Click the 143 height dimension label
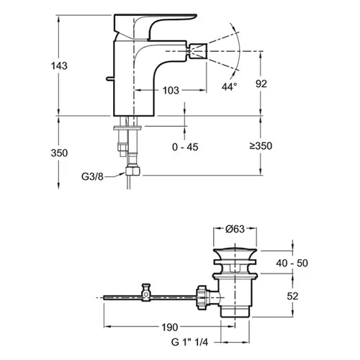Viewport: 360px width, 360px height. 59,66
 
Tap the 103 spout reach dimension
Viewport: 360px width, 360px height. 171,91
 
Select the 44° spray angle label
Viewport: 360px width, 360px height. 229,86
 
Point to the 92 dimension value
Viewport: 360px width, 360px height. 261,84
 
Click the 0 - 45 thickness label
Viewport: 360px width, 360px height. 185,147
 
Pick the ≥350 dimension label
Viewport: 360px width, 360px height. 261,145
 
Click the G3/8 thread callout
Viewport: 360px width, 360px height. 92,176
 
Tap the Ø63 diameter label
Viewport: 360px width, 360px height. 235,229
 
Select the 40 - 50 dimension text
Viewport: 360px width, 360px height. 292,263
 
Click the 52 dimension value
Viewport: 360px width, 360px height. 292,296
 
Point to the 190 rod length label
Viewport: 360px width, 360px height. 170,327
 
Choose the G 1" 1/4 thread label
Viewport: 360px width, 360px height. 189,342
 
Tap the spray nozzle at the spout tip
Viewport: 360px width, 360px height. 198,51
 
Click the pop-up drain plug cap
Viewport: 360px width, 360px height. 235,253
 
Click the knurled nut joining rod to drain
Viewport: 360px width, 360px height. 202,298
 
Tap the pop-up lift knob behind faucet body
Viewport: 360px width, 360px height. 109,78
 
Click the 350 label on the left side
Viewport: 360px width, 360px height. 59,153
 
